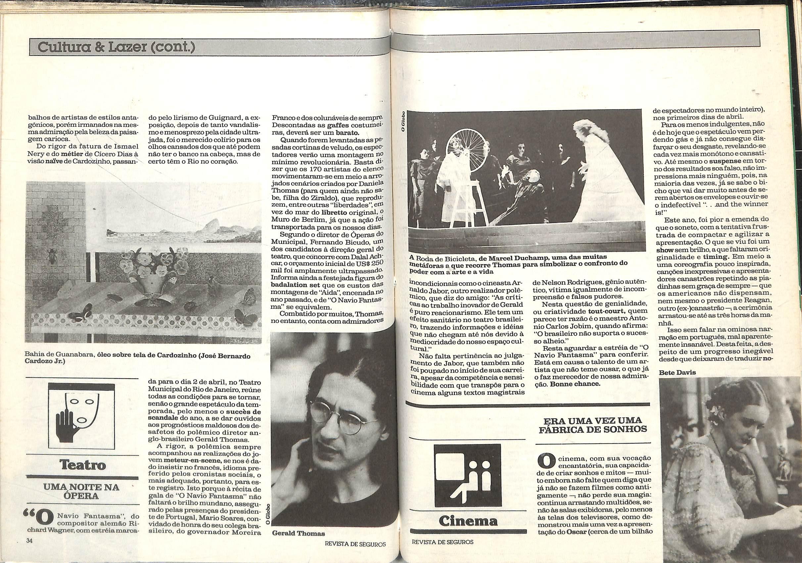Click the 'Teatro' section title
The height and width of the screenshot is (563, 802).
[x=82, y=465]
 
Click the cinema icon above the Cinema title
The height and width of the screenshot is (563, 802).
[x=462, y=478]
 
